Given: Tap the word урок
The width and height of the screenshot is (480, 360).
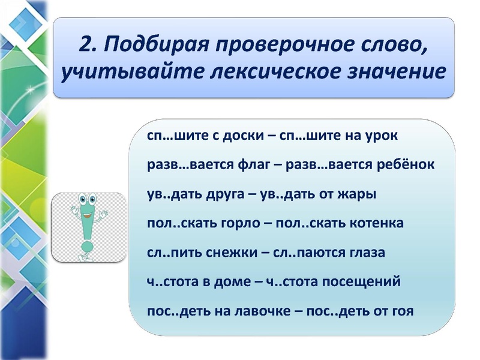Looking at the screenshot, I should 380,135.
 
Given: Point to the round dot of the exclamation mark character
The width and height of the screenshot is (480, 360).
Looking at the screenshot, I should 88,246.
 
